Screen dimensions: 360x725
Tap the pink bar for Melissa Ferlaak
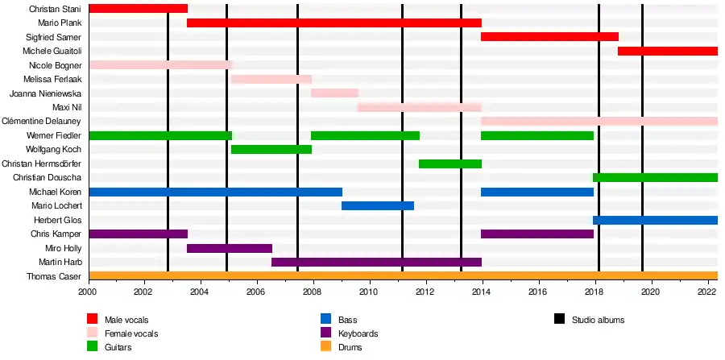271,79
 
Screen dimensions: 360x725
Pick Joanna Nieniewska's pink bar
334,93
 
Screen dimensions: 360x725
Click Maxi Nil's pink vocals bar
419,107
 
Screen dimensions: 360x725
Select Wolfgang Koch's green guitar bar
271,149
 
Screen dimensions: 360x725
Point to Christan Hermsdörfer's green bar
449,163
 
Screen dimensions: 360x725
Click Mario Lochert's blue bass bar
377,205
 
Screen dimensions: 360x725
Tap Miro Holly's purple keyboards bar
229,248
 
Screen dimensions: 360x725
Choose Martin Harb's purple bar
376,262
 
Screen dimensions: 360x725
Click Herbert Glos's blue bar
655,220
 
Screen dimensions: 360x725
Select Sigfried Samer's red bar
549,37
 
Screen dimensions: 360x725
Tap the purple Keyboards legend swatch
326,333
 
